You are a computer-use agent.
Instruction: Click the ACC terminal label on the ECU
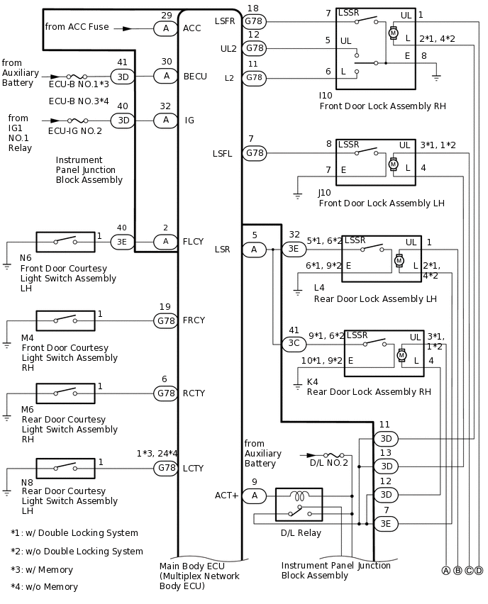pos(192,28)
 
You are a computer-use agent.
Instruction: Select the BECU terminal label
pos(195,77)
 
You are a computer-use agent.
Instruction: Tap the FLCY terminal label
pos(194,242)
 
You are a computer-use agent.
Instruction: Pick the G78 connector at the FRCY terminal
pos(166,320)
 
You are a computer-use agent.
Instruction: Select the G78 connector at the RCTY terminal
pos(166,393)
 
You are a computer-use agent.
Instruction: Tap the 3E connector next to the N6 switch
pos(121,242)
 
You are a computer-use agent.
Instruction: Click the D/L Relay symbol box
pos(299,505)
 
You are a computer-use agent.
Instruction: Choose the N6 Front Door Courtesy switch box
pos(65,242)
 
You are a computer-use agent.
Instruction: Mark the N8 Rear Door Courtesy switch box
pos(65,468)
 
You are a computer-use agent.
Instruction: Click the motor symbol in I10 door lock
pos(393,33)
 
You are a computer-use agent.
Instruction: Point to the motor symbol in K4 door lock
pos(401,354)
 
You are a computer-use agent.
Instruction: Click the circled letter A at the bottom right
pos(446,571)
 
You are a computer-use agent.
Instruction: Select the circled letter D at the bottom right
pos(479,571)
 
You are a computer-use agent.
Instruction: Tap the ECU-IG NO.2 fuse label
pos(74,131)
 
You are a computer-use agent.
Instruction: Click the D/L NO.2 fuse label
pos(329,463)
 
